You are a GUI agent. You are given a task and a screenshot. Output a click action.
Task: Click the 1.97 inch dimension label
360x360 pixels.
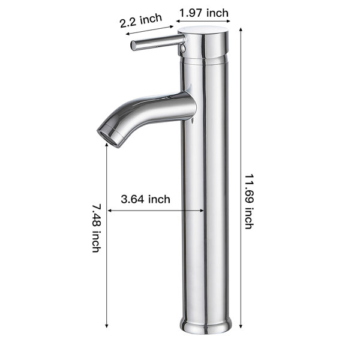click(x=204, y=13)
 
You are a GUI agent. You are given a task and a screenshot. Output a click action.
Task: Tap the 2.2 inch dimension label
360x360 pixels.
click(x=141, y=20)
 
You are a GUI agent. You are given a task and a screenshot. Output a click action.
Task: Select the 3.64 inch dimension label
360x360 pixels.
click(x=146, y=199)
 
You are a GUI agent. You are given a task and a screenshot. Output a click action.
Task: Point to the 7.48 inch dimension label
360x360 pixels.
click(x=97, y=229)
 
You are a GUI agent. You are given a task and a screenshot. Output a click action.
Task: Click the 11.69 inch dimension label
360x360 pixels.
click(x=249, y=202)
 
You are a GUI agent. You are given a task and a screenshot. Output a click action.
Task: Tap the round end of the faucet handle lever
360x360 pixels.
click(x=133, y=46)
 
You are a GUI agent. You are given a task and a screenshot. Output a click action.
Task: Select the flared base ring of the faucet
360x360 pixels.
click(x=206, y=325)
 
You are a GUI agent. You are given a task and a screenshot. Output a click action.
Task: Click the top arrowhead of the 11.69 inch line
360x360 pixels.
click(x=241, y=29)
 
